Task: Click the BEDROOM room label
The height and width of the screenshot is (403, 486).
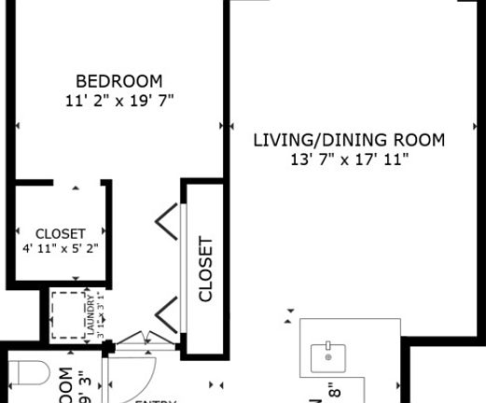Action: [118, 81]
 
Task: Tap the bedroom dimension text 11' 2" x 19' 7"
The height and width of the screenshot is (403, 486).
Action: [118, 99]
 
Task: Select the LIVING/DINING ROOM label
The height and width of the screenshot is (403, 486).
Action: [349, 141]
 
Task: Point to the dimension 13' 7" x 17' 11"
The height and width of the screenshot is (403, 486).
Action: [349, 160]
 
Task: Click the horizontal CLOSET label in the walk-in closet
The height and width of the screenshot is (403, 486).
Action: [60, 233]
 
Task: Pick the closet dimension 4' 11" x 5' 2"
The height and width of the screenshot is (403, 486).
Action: [60, 248]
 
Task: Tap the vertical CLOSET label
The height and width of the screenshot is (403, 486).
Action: [206, 270]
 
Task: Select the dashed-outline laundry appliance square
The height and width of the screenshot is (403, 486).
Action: [66, 314]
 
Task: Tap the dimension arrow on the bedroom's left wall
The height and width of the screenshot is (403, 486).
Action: [18, 124]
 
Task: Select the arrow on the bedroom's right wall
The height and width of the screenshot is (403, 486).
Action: [221, 124]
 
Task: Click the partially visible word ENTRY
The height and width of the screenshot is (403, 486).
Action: [155, 400]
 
